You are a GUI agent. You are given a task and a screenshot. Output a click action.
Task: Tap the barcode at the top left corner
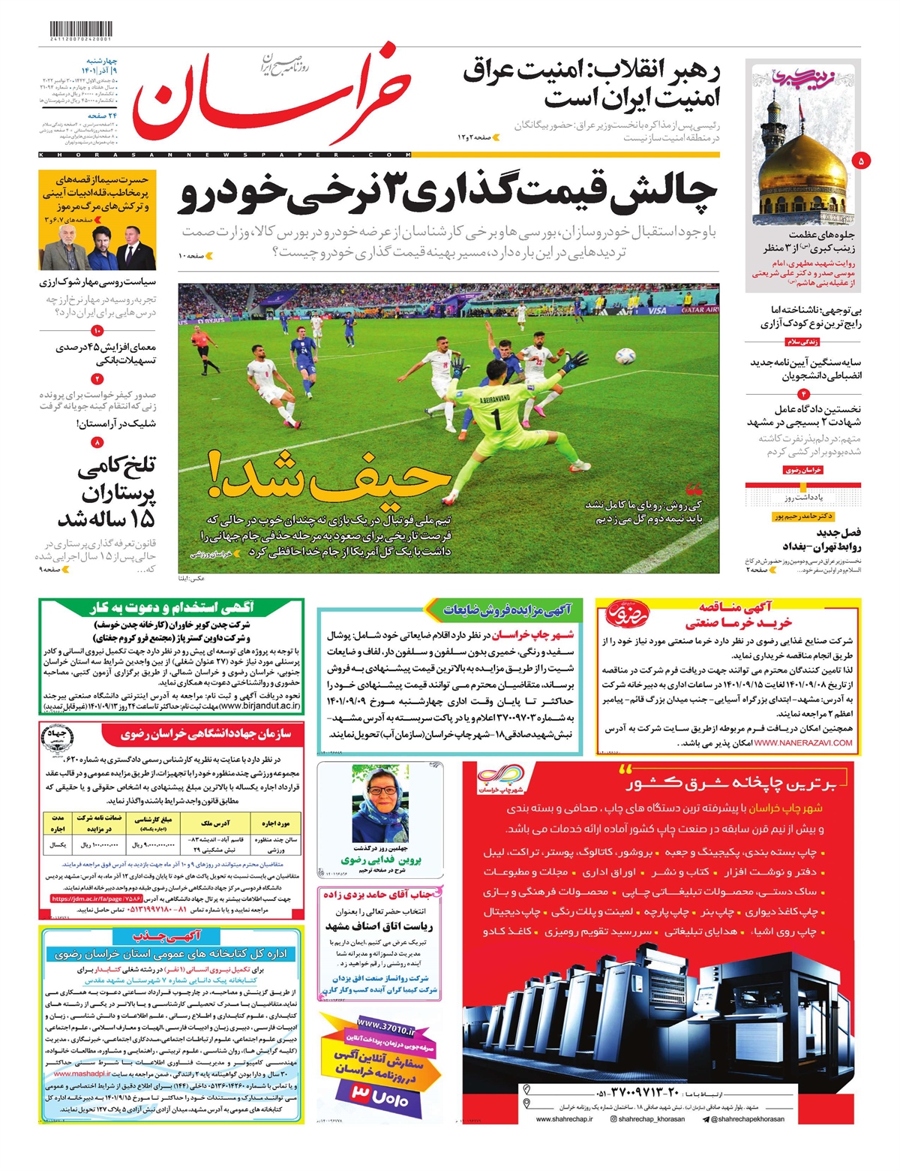(x=75, y=29)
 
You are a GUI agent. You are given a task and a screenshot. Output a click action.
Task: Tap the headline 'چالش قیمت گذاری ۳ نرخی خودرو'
(x=448, y=194)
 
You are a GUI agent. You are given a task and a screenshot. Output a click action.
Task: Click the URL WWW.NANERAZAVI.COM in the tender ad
(x=803, y=742)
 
